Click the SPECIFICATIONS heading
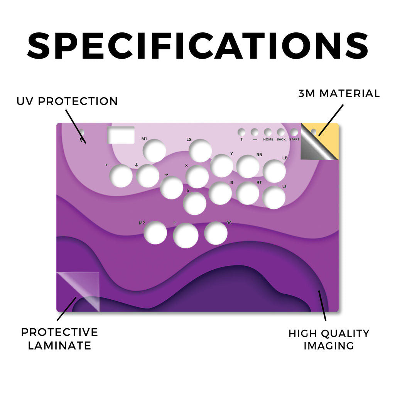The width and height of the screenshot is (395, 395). [x=198, y=46]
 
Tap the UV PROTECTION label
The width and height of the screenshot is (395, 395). [x=67, y=101]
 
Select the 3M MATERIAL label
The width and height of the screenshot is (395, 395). [x=339, y=94]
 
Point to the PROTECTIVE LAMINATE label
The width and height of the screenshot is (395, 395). [x=59, y=339]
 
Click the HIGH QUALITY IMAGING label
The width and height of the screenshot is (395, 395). [x=329, y=339]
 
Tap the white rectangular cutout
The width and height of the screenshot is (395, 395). [x=121, y=135]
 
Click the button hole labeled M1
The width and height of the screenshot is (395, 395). [x=154, y=151]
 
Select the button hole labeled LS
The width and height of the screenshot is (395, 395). [x=200, y=151]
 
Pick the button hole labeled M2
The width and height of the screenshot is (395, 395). [x=155, y=233]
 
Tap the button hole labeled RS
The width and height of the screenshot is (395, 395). [x=216, y=233]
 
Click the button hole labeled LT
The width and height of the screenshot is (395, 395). [x=274, y=197]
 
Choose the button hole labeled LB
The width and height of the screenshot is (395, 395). [x=274, y=171]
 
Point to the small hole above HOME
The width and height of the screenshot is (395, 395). [x=268, y=132]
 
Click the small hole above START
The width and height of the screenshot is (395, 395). [x=294, y=132]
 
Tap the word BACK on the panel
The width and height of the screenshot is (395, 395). [x=281, y=140]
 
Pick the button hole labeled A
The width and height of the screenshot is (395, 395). [x=195, y=203]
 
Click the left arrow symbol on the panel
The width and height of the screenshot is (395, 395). [x=107, y=165]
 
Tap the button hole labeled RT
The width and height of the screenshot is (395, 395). [x=248, y=193]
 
